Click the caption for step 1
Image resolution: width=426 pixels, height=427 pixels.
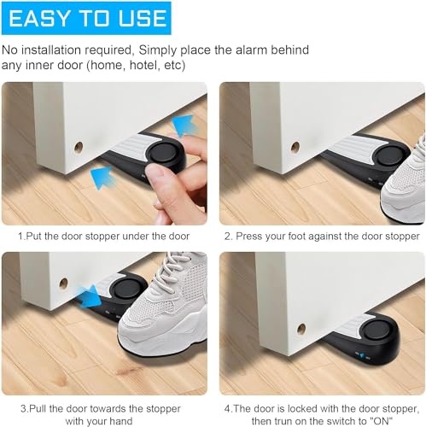tap(104, 235)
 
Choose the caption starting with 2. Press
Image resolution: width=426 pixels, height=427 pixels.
tap(322, 235)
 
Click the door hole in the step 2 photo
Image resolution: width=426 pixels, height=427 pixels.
tap(295, 147)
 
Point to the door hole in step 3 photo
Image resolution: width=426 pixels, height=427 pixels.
tap(62, 284)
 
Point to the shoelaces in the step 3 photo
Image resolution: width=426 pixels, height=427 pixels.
tap(181, 273)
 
